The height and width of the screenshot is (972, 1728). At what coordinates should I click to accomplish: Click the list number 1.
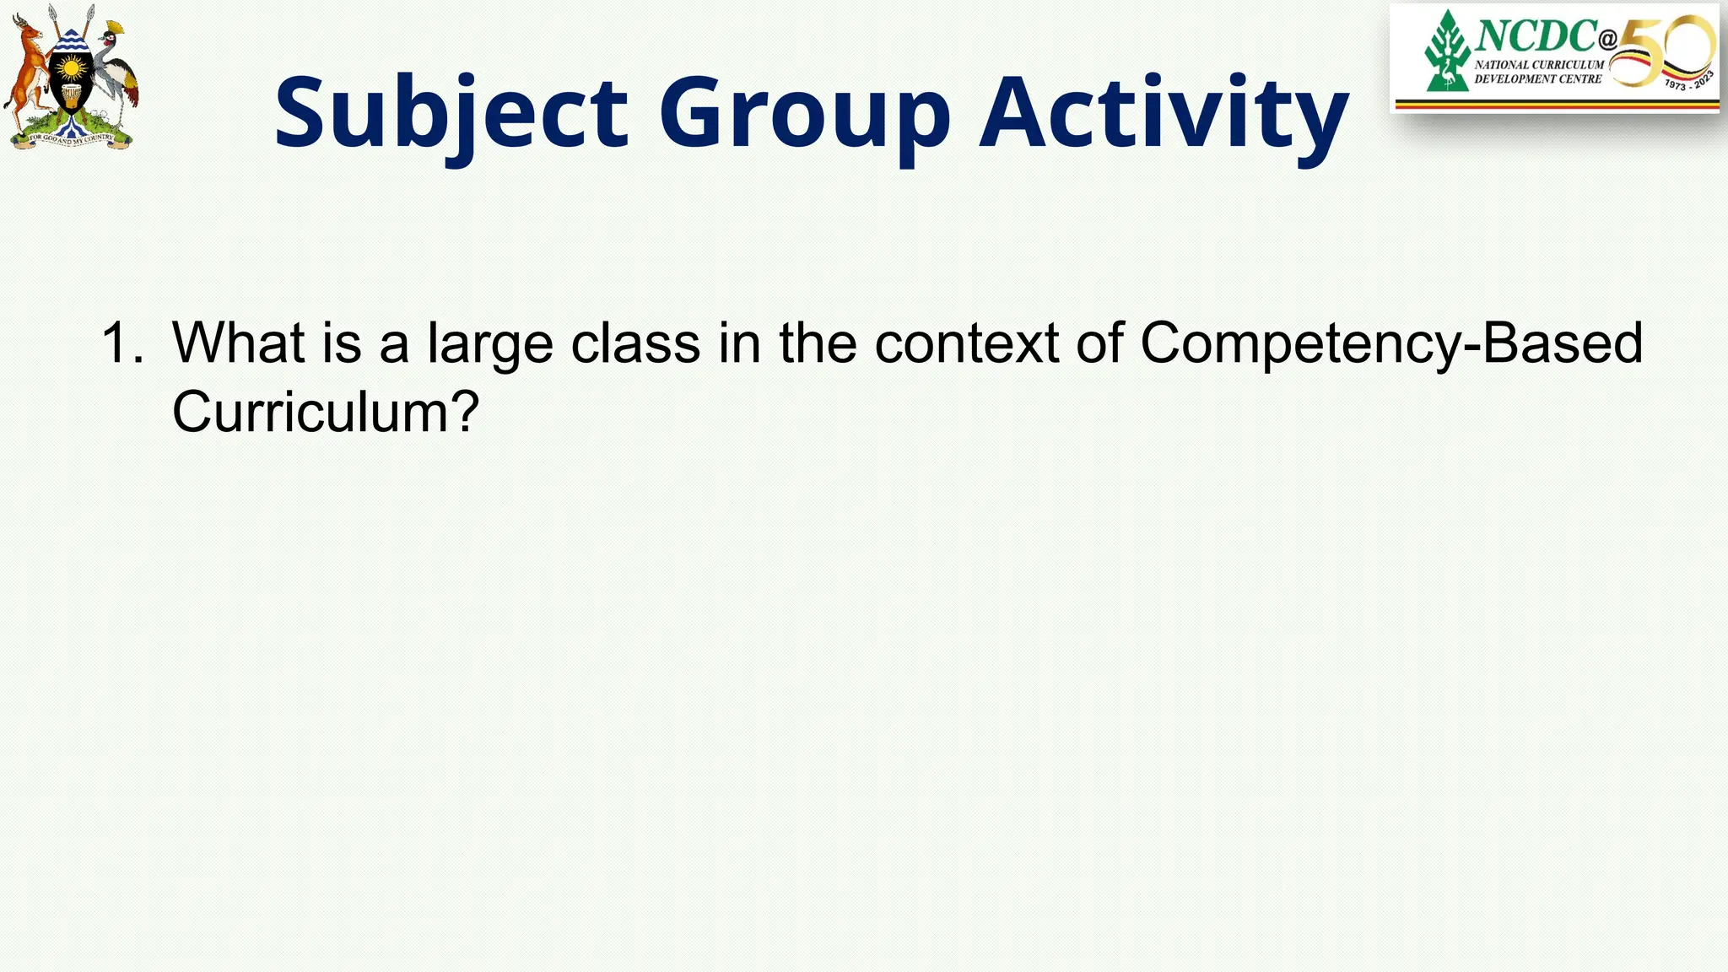point(121,343)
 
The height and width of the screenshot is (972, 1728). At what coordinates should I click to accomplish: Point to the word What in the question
point(238,343)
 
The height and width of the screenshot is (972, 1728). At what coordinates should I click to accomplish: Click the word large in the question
point(490,344)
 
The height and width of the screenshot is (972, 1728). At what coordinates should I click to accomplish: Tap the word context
point(966,343)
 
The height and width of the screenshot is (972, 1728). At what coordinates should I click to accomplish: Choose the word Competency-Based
point(1391,344)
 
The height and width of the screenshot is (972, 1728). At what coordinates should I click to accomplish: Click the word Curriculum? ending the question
point(326,412)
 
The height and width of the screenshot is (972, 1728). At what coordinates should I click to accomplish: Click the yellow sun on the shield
point(71,67)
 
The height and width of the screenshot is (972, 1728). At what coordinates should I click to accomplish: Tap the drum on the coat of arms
point(71,95)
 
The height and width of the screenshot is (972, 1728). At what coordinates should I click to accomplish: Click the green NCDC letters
point(1536,36)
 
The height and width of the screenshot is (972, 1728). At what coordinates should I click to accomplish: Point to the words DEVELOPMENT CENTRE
point(1537,79)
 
